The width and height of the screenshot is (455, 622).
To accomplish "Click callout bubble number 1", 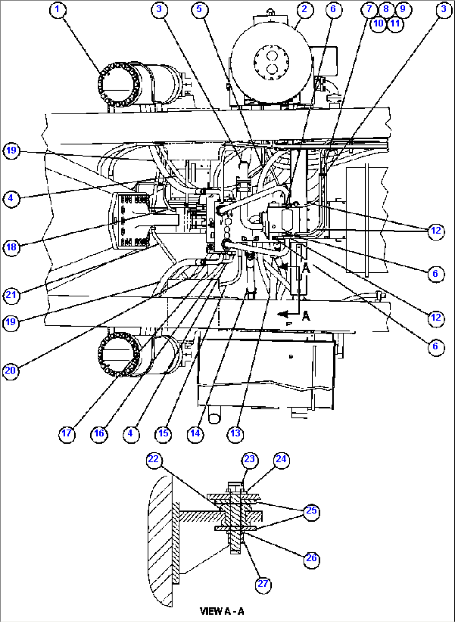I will pos(58,10).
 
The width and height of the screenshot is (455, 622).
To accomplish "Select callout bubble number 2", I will pos(304,10).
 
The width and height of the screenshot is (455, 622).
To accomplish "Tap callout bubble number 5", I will pos(200,10).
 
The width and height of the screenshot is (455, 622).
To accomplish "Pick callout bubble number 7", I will pos(369,9).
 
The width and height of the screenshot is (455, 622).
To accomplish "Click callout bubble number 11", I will pos(395,23).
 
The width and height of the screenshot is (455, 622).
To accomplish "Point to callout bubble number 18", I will pos(11,247).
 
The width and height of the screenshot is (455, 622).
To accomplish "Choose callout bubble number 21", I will pos(11,295).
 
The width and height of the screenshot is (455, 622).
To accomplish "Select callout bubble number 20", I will pos(10,371).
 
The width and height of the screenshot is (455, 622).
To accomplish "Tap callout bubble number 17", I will pos(67,434).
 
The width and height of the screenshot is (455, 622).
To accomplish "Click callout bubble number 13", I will pos(235,434).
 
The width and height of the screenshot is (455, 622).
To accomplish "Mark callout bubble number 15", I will pos(163,434).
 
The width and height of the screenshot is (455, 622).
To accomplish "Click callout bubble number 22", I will pos(154,459).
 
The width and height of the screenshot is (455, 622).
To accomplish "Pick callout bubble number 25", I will pos(311,511).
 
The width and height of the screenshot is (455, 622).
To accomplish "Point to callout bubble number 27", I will pos(263,584).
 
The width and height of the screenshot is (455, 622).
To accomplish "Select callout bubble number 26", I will pos(311,559).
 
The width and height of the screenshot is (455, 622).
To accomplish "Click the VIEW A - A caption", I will pos(222,612).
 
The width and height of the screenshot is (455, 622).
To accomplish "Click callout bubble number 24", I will pos(281,459).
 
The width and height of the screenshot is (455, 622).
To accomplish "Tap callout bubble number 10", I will pos(378,23).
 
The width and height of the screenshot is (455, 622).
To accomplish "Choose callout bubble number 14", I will pos(195,434).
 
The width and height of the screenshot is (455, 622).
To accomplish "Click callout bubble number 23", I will pos(249,459).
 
